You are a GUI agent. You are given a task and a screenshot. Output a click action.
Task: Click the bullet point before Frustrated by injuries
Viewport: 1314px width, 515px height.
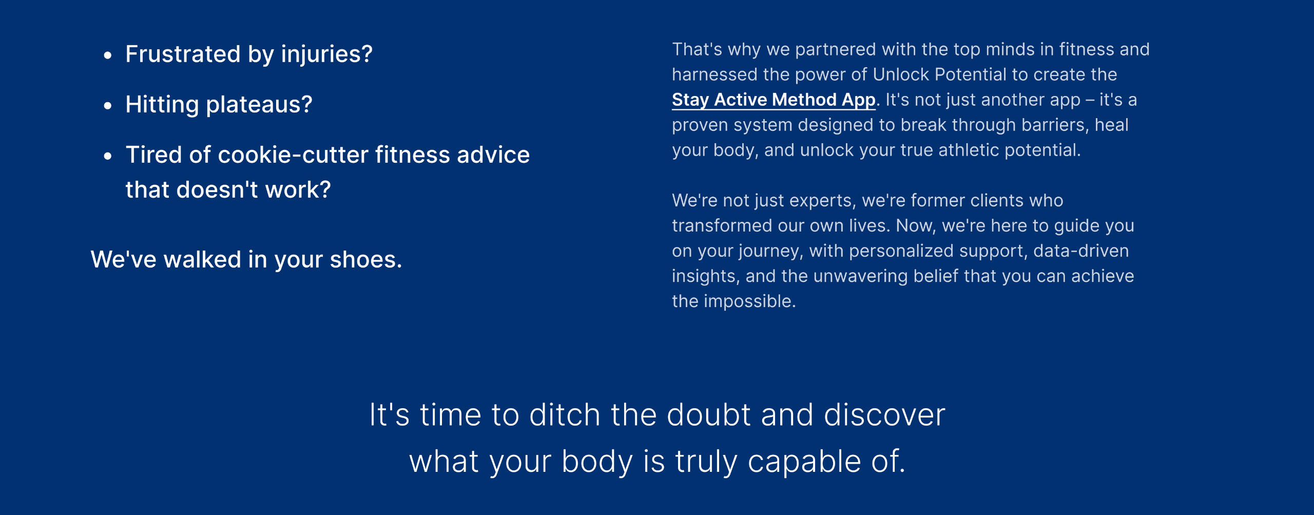tap(107, 55)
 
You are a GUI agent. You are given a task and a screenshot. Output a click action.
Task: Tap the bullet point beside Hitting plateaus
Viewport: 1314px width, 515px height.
tap(107, 106)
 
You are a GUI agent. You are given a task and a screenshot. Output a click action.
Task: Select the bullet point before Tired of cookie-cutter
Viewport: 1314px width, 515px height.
tap(107, 156)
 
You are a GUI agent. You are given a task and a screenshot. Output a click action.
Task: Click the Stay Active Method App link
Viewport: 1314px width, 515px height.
tap(774, 100)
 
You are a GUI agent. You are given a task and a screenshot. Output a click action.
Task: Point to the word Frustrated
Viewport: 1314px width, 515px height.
tap(183, 54)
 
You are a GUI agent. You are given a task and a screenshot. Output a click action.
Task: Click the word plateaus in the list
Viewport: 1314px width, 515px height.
tap(259, 105)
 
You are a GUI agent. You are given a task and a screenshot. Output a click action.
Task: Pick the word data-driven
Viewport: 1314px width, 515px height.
tap(1081, 251)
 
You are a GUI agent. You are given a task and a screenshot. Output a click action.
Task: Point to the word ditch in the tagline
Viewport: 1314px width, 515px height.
tap(565, 414)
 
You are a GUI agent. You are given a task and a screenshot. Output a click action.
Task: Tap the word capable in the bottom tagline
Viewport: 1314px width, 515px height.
tap(804, 461)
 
